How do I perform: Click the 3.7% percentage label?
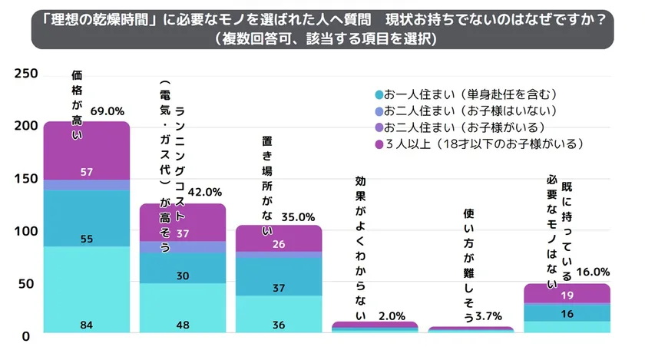point(489,316)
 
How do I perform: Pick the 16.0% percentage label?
point(592,271)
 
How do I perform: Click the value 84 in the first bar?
point(87,325)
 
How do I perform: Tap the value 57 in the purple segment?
point(87,170)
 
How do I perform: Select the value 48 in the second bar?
point(183,325)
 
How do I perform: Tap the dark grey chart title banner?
point(322,29)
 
